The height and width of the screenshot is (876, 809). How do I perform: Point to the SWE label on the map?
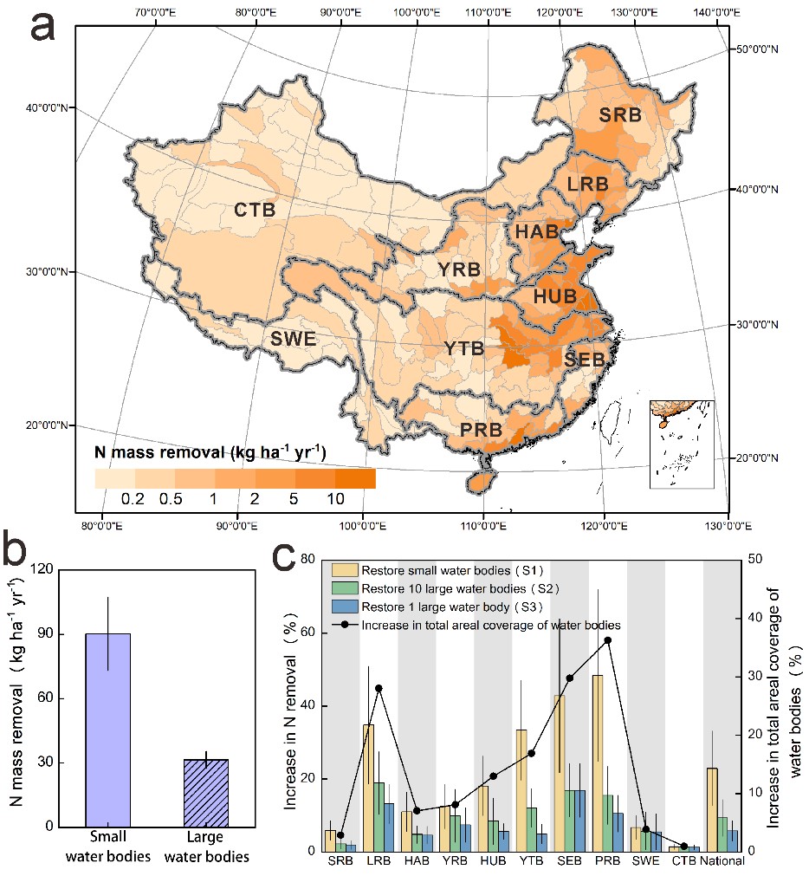292,339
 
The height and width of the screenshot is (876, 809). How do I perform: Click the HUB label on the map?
554,296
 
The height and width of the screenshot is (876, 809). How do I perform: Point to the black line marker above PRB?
608,640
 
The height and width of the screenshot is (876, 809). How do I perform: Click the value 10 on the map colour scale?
336,498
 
